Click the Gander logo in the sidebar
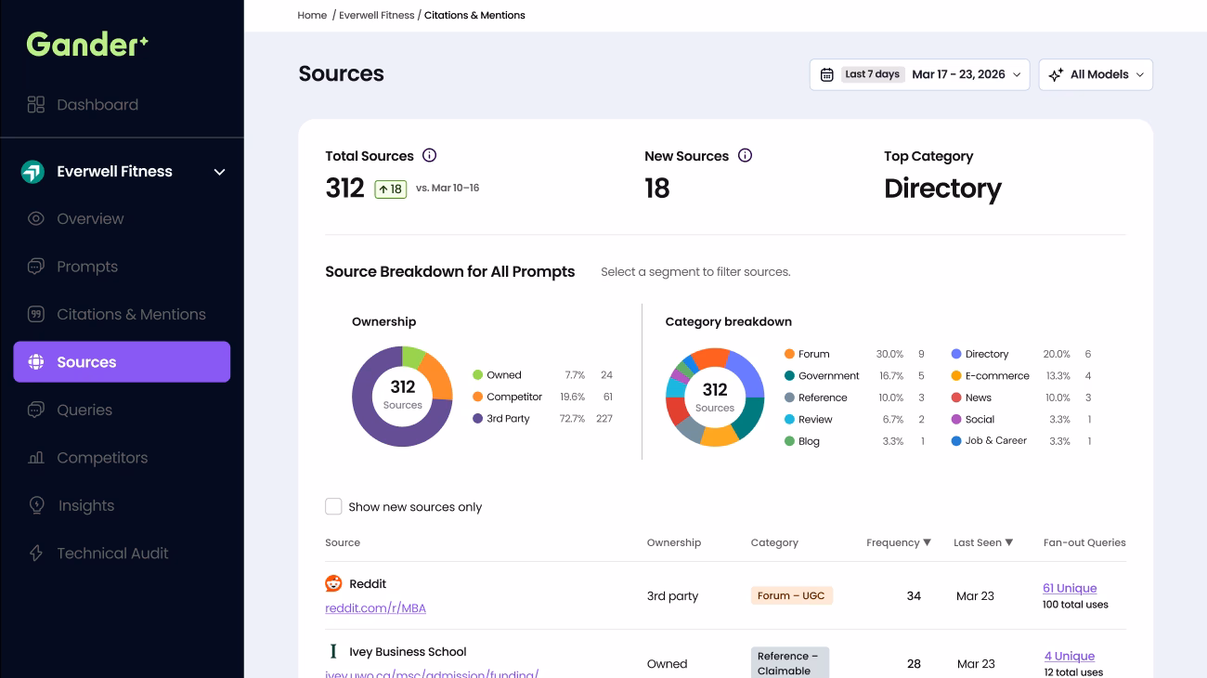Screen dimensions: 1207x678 [87, 45]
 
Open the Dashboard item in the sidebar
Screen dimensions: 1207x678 [83, 105]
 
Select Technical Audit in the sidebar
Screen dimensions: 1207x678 [98, 553]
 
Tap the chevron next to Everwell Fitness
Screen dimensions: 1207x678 [219, 172]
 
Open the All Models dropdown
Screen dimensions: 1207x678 [1096, 74]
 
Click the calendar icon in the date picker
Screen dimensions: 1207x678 [826, 74]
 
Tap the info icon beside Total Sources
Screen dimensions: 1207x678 [429, 155]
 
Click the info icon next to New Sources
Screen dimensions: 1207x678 [745, 155]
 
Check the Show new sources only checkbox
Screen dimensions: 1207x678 [333, 506]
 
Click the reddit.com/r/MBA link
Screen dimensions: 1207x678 [376, 608]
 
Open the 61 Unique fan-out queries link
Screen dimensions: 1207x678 [1070, 588]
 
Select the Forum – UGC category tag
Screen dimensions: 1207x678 [792, 595]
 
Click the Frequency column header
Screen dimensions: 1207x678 [899, 542]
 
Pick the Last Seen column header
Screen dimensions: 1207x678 [983, 542]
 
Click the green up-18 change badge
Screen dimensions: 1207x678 [391, 189]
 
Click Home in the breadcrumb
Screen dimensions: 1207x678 [312, 15]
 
